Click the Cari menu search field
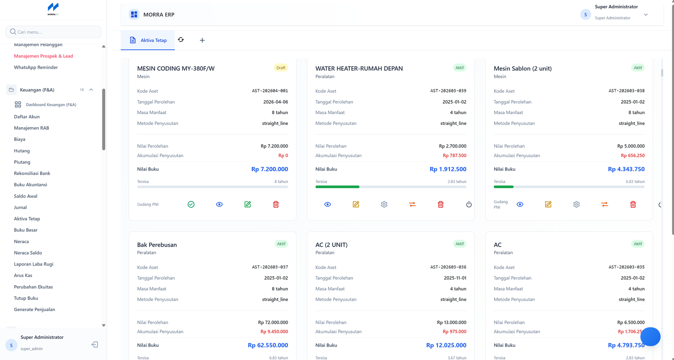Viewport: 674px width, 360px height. (53, 32)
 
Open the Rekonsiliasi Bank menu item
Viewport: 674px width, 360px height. (32, 173)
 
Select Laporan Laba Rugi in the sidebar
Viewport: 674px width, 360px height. (33, 264)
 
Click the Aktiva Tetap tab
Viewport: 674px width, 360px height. (148, 40)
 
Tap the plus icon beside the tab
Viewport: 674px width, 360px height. (202, 40)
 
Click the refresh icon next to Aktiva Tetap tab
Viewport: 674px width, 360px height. (181, 40)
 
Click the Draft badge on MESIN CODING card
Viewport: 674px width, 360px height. (281, 68)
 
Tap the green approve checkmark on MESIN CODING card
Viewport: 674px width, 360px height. (191, 204)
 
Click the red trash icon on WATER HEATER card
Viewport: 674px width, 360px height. (441, 204)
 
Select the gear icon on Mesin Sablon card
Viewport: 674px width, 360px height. (576, 204)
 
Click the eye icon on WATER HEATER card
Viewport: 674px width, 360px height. (327, 204)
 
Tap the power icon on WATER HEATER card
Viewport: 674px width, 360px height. (469, 204)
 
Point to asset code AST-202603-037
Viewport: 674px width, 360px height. (270, 267)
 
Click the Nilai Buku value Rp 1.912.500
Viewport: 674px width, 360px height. (448, 169)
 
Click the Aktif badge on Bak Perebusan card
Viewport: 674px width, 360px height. (281, 244)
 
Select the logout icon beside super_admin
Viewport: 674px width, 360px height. (95, 344)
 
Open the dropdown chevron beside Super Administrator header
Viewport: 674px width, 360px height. (645, 15)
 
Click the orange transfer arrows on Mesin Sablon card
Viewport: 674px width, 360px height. (604, 204)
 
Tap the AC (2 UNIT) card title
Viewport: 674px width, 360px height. (331, 245)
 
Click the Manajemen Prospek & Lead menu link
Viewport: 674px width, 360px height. (43, 56)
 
